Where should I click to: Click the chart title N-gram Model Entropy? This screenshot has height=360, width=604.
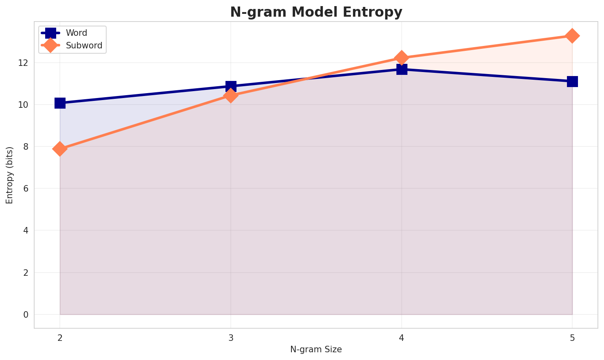point(316,12)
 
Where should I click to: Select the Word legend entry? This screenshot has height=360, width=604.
point(77,33)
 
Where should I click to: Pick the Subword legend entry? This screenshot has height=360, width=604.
point(84,46)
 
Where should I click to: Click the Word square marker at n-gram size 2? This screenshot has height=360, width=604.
point(60,103)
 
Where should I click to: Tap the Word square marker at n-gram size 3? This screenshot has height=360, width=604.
point(231,86)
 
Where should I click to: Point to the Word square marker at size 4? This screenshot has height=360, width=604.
point(402,70)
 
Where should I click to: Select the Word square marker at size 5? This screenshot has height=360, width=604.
point(572,81)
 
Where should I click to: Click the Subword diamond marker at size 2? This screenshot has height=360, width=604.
point(60,148)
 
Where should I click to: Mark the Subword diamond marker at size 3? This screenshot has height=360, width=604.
point(231,96)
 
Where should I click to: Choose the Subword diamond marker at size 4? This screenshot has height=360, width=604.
point(402,58)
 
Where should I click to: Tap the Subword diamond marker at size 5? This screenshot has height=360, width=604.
point(572,36)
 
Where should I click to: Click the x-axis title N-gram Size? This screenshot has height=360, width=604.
point(316,349)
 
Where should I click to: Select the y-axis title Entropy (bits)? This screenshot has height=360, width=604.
point(9,175)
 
